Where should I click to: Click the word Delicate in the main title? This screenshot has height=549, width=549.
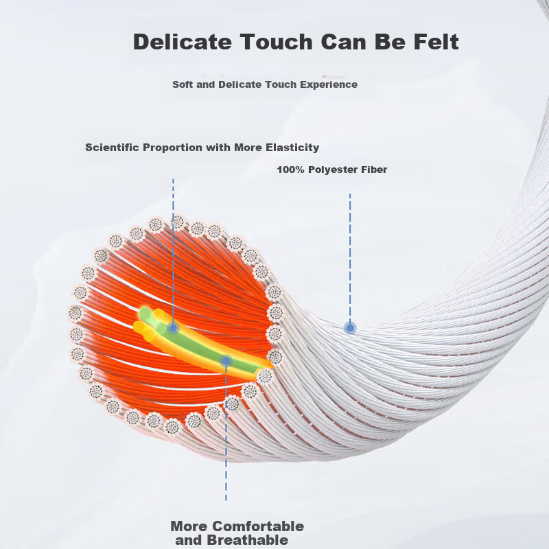(x=183, y=42)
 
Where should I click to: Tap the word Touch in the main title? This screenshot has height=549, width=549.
(x=277, y=42)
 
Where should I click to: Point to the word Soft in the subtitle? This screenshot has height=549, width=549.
(x=183, y=84)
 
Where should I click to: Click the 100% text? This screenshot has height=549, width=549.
(x=290, y=170)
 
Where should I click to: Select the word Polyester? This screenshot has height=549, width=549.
(x=332, y=170)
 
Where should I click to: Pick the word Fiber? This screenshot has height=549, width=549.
(x=373, y=170)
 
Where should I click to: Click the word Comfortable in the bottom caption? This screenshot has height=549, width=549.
(x=258, y=526)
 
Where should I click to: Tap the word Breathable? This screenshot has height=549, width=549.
(x=248, y=540)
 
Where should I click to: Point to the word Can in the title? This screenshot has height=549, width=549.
(x=344, y=42)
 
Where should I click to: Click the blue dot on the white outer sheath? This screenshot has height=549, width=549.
(x=350, y=328)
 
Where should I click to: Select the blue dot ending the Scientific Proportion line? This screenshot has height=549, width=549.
(x=173, y=328)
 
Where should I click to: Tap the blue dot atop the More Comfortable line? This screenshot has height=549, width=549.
(x=226, y=360)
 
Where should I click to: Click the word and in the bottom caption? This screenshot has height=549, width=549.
(x=189, y=540)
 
